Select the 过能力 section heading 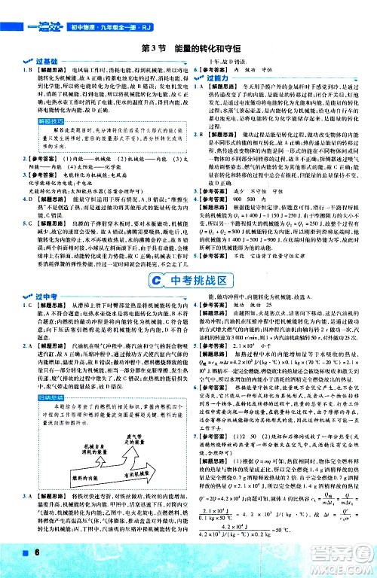(x=219, y=78)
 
